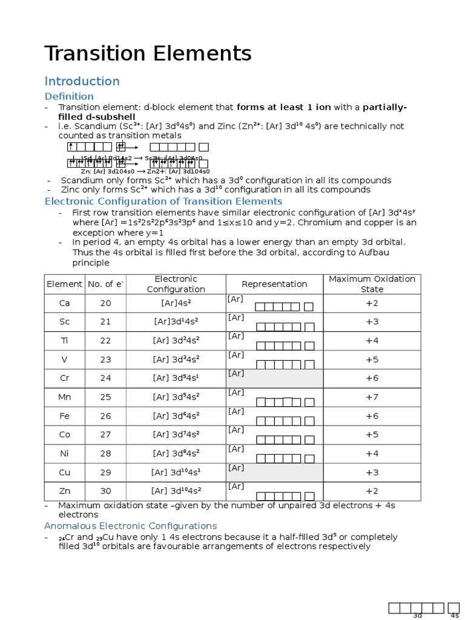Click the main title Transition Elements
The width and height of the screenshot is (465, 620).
click(148, 54)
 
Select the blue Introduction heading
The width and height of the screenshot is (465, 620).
click(82, 81)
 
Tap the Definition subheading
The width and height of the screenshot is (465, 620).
click(69, 96)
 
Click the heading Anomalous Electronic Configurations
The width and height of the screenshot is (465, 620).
click(130, 526)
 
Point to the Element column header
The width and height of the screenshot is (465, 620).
click(64, 284)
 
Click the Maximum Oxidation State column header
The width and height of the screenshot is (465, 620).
click(372, 284)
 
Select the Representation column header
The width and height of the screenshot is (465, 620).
click(274, 284)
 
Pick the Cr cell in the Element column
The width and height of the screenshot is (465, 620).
click(64, 378)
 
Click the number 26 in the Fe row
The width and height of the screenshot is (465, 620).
click(105, 415)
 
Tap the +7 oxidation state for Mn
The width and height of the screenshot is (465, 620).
click(372, 397)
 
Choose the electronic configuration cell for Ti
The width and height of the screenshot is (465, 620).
click(176, 340)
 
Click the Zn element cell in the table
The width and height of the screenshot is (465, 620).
click(64, 491)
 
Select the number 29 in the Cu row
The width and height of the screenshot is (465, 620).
click(105, 472)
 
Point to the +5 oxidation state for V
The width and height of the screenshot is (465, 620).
click(372, 359)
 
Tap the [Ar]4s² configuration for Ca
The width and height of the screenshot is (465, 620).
click(176, 303)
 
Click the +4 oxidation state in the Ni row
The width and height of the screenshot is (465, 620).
click(372, 453)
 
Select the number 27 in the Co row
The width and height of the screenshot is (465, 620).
click(105, 434)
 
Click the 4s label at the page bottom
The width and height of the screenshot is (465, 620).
click(455, 616)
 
